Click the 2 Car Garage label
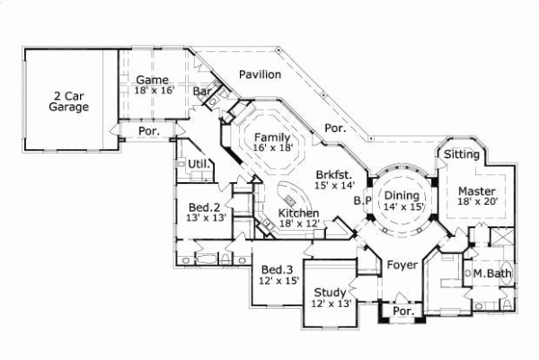(69, 101)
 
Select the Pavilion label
(260, 75)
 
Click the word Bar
(202, 91)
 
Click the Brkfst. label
(332, 180)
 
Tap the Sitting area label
(462, 154)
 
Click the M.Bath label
(491, 273)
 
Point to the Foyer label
(402, 265)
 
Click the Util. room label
(199, 163)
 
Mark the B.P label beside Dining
(363, 200)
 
